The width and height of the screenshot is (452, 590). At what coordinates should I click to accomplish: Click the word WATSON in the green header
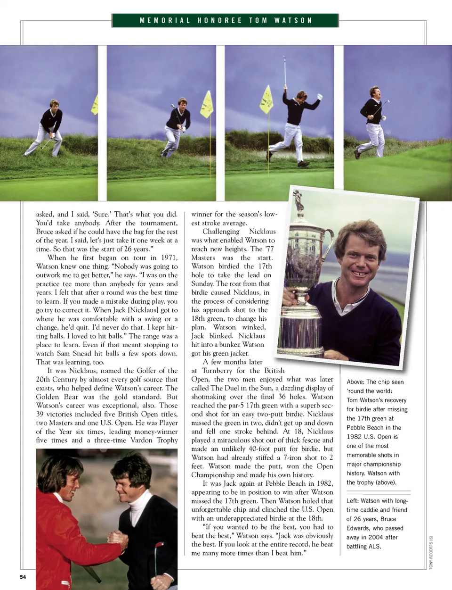point(293,21)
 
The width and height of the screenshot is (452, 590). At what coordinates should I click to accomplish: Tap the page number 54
point(23,577)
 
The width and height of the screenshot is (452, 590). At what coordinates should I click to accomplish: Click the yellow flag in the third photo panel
point(266,100)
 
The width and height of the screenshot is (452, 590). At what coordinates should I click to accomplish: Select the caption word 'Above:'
point(355,382)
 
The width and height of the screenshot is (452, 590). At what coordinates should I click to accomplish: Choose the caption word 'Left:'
point(354,501)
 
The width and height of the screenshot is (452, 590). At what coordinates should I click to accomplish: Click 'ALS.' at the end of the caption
point(375,547)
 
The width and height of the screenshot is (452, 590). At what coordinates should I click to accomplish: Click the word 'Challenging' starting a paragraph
point(221,232)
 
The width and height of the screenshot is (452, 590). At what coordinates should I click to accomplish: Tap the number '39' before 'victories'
point(40,414)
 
